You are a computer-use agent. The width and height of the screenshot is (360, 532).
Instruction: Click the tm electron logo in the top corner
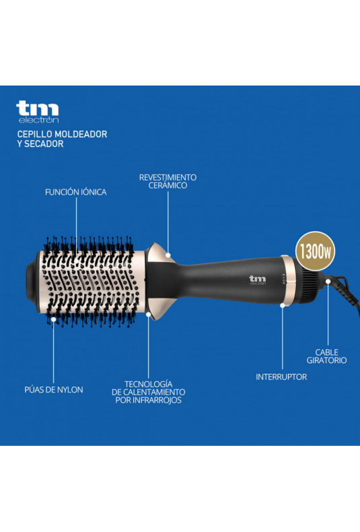[x=38, y=112]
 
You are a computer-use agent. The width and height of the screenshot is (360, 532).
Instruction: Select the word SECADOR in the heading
[x=44, y=144]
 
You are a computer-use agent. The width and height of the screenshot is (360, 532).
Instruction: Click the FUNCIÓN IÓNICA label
[x=76, y=192]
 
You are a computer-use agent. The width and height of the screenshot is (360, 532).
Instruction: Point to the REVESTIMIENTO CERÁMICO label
[x=168, y=181]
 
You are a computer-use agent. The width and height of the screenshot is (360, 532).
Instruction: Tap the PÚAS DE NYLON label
[x=54, y=389]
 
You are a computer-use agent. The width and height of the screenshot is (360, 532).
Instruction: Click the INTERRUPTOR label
[x=281, y=376]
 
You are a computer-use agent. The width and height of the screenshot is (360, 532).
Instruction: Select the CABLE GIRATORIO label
[x=327, y=356]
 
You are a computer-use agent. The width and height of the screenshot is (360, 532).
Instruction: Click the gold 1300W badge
[x=316, y=251]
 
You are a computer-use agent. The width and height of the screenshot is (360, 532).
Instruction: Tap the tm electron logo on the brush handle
[x=258, y=280]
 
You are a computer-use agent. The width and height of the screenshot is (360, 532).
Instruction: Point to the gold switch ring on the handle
[x=287, y=281]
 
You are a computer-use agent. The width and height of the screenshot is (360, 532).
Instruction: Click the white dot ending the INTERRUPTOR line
[x=283, y=305]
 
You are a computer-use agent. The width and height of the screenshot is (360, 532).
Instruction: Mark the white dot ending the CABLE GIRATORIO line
[x=328, y=281]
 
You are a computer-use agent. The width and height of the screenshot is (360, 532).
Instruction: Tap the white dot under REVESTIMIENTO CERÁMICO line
[x=168, y=255]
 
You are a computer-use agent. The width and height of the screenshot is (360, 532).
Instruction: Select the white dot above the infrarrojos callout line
[x=149, y=314]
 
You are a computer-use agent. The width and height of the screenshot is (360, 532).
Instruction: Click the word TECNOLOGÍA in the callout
[x=149, y=384]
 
